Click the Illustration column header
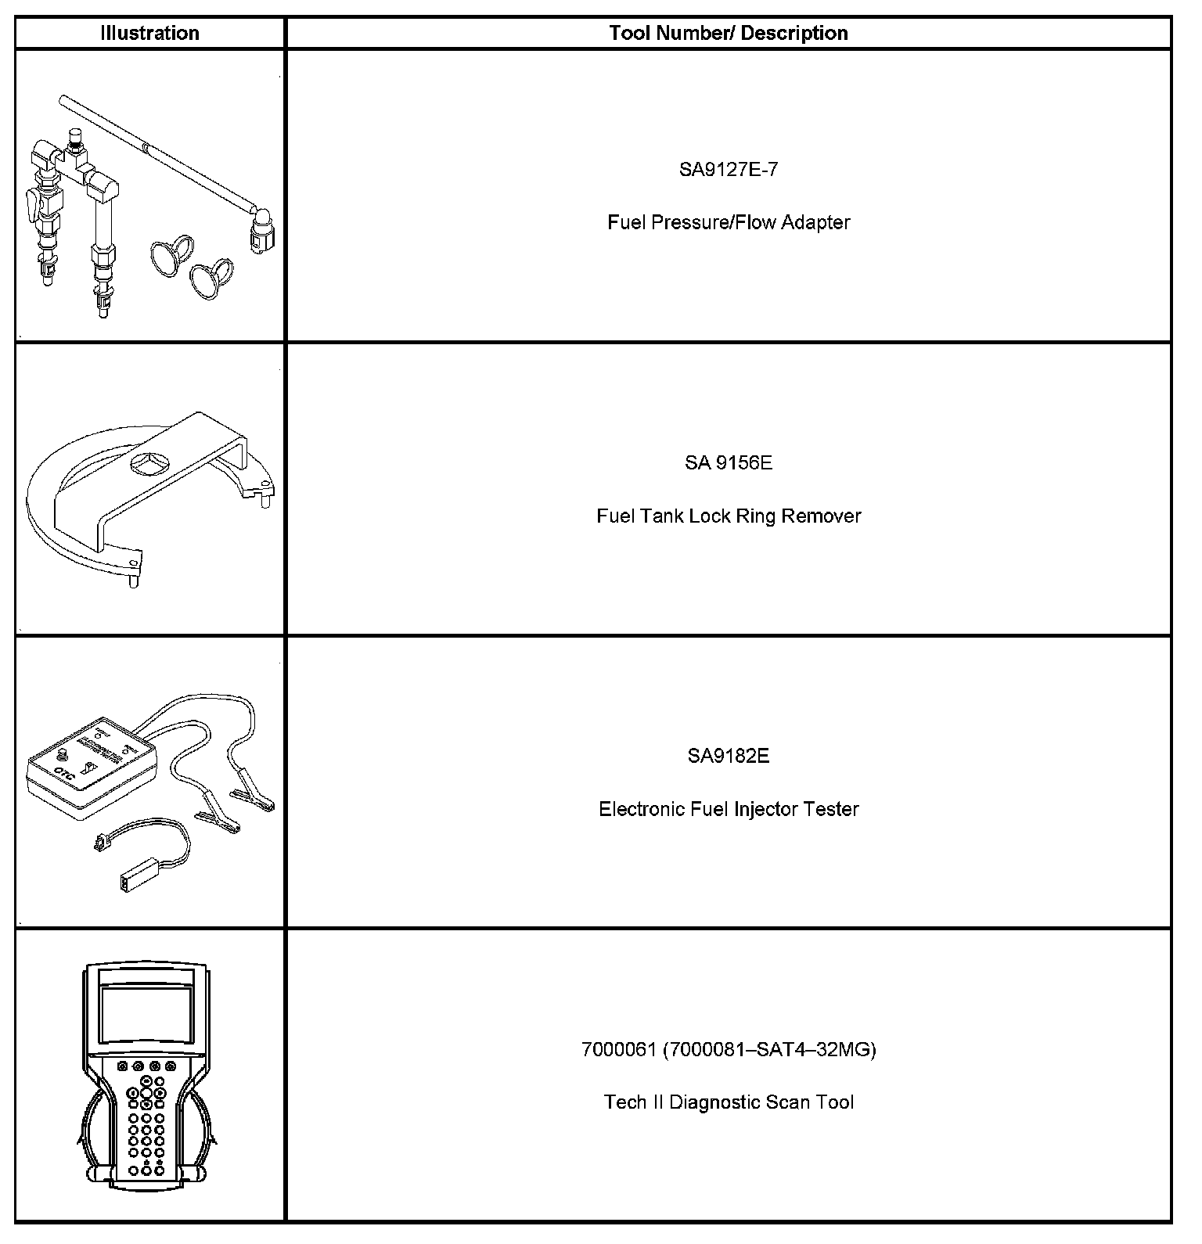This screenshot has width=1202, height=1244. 149,33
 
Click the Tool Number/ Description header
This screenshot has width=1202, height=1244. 728,33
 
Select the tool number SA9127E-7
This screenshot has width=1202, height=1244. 728,170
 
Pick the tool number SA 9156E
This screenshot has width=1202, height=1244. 728,463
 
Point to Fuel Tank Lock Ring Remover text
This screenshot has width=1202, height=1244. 728,516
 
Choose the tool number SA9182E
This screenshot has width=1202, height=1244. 728,756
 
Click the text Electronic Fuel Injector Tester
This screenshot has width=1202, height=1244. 728,809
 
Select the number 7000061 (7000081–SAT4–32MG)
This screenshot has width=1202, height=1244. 728,1049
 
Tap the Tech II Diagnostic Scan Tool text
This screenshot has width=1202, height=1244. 728,1102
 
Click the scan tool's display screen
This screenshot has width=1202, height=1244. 146,1014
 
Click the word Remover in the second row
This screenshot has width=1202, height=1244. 821,516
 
